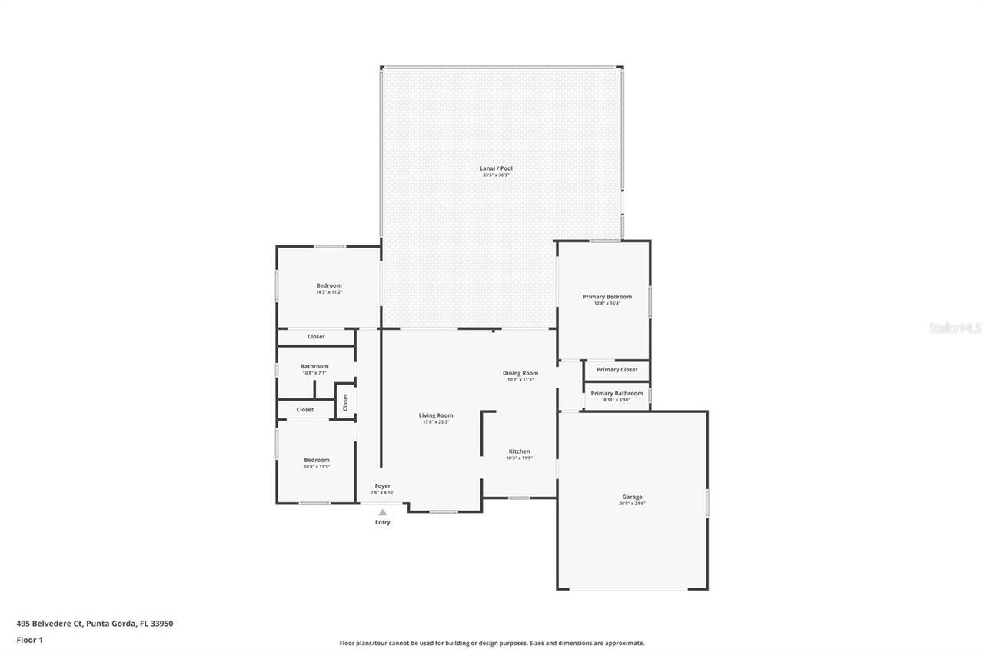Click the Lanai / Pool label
click(496, 168)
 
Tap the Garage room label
click(632, 497)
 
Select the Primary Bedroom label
click(607, 297)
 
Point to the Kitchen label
click(519, 451)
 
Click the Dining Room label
click(520, 373)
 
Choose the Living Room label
click(435, 415)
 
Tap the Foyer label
click(382, 486)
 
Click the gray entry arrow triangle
click(382, 512)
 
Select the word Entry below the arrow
click(382, 522)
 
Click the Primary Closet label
click(617, 370)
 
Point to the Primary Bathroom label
click(617, 393)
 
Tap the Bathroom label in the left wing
click(314, 366)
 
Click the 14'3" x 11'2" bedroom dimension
click(328, 292)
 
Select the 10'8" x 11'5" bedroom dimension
click(316, 467)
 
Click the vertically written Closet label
click(345, 401)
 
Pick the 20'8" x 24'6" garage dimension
click(632, 504)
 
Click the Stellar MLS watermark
click(955, 328)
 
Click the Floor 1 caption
click(29, 639)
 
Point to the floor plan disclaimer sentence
click(492, 643)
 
